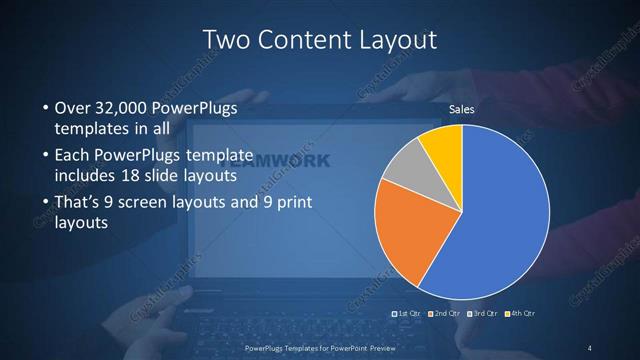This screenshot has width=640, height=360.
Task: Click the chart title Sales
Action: pos(461,109)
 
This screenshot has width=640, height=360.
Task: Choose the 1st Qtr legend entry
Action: pos(408,314)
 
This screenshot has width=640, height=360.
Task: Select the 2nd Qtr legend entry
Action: pos(445,314)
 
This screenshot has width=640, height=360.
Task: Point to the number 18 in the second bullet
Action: pos(158,176)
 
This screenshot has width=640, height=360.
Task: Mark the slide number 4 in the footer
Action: pos(590,348)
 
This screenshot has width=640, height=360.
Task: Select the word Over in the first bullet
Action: pos(71,108)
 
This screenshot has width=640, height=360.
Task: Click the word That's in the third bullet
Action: pos(75,202)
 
